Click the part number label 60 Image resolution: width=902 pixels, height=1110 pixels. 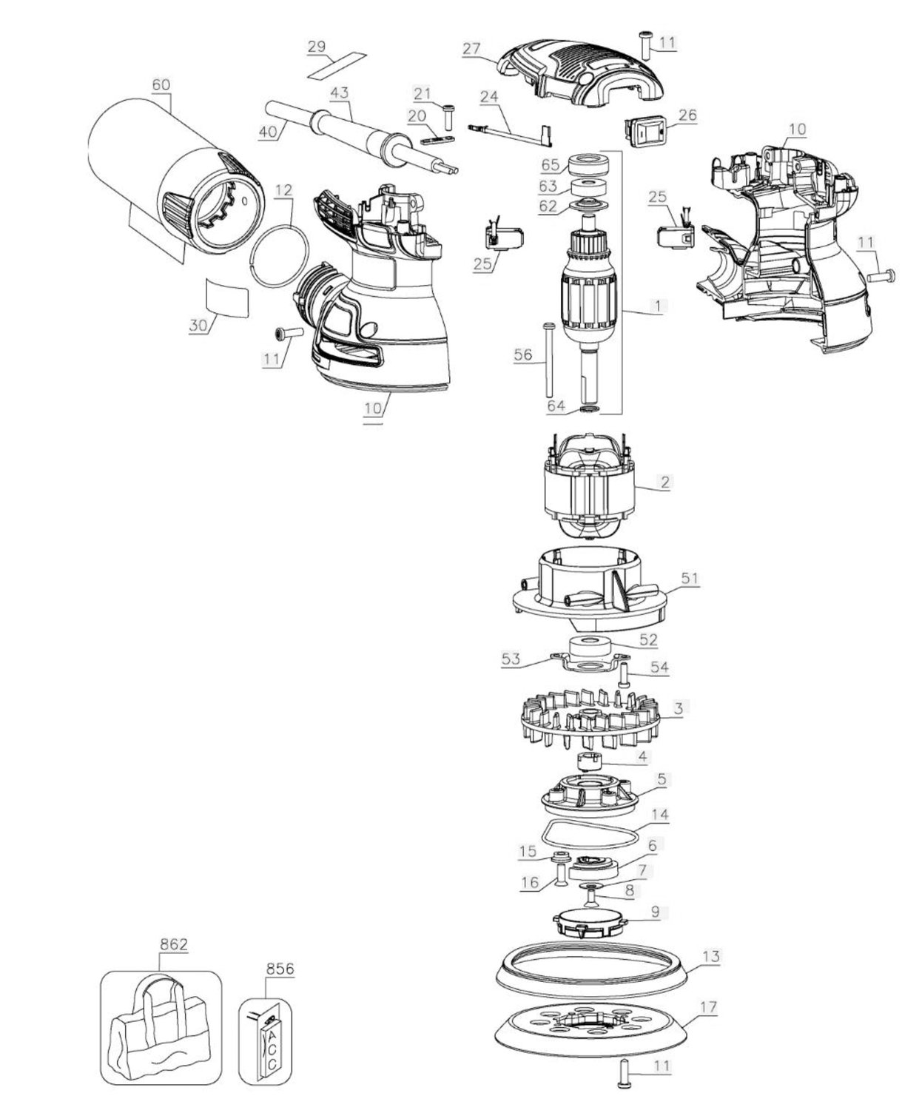(x=161, y=84)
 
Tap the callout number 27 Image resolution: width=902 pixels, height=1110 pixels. (x=471, y=49)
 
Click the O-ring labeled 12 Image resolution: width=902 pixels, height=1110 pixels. (x=279, y=255)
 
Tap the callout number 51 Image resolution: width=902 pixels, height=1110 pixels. (x=690, y=578)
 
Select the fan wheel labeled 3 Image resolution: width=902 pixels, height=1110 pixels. (x=590, y=719)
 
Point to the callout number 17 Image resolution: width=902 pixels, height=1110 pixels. (x=708, y=1007)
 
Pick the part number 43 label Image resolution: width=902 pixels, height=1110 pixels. (x=339, y=92)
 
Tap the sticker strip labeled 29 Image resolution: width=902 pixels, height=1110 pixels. (x=337, y=66)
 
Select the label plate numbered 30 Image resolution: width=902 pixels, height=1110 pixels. (x=226, y=297)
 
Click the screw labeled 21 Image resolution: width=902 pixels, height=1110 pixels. (x=447, y=118)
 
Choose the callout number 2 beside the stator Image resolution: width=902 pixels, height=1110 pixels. (x=664, y=482)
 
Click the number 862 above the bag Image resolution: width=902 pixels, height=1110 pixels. (x=174, y=944)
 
